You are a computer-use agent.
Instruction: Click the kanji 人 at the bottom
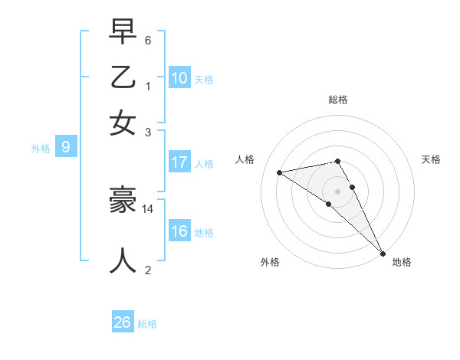coord(123,261)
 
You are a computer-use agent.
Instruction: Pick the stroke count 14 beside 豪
coord(148,208)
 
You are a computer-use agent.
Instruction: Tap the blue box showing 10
coord(179,78)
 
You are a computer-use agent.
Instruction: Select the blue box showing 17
coord(179,162)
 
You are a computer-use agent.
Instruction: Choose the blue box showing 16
coord(179,231)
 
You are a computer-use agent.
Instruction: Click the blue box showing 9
coord(66,148)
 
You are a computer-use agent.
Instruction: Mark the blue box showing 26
coord(123,322)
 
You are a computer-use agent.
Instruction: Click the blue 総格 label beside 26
coord(147,324)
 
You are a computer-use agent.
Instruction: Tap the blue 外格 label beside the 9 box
coord(41,149)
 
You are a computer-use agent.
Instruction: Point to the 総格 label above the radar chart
coord(338,100)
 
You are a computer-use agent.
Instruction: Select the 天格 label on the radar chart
coord(431,159)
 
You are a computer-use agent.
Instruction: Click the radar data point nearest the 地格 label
coord(382,253)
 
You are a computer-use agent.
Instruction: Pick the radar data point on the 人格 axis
coord(280,172)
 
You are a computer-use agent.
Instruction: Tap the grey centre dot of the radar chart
coord(337,191)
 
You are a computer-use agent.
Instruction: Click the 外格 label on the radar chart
coord(270,262)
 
